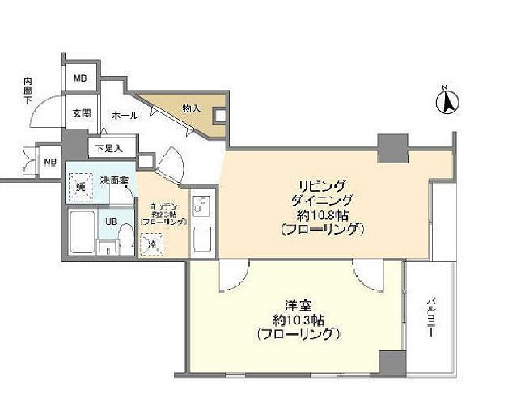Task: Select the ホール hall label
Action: click(x=124, y=115)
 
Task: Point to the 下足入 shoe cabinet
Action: click(x=108, y=148)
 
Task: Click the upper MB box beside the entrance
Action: click(x=80, y=78)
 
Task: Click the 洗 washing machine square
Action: click(x=80, y=188)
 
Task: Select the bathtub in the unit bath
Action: click(x=82, y=233)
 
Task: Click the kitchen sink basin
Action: click(x=203, y=239)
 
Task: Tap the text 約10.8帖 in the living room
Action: click(x=322, y=214)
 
